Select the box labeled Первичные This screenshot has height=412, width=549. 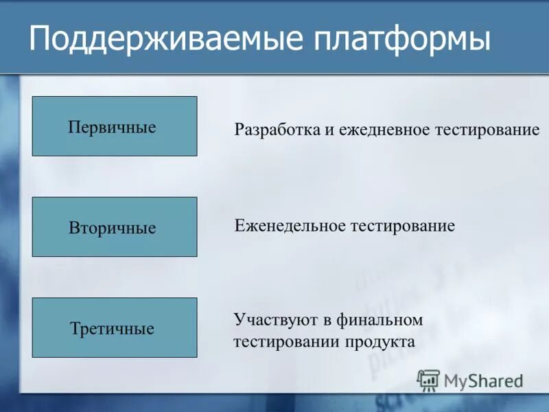[x=115, y=126]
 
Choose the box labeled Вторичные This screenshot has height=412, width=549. [x=115, y=227]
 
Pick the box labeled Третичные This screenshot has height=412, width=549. [x=115, y=328]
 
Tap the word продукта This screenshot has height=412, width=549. [x=384, y=341]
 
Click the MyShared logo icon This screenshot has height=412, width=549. [x=428, y=380]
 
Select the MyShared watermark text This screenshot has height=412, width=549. [x=483, y=380]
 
